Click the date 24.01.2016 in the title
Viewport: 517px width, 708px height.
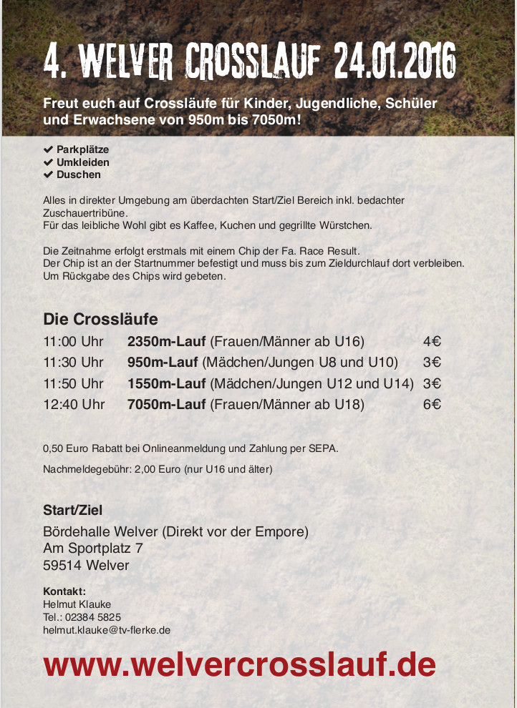point(395,61)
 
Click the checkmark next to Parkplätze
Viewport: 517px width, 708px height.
point(48,150)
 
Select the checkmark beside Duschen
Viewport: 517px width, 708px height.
point(48,174)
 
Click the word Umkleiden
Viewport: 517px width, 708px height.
point(83,162)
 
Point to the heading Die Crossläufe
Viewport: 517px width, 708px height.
point(100,318)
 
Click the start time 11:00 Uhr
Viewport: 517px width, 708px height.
point(73,341)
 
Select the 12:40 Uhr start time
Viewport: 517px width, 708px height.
point(74,404)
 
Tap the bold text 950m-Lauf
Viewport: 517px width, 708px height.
point(163,362)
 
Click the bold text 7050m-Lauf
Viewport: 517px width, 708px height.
point(167,404)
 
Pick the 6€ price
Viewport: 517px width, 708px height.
point(431,404)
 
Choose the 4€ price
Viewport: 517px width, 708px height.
point(431,341)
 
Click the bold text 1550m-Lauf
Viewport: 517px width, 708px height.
point(167,383)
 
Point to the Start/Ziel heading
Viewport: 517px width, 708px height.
point(72,510)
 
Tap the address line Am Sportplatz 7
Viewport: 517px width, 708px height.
point(93,549)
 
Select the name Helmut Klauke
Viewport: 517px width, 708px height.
point(77,604)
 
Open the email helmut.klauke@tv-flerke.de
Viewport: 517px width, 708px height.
point(107,629)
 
